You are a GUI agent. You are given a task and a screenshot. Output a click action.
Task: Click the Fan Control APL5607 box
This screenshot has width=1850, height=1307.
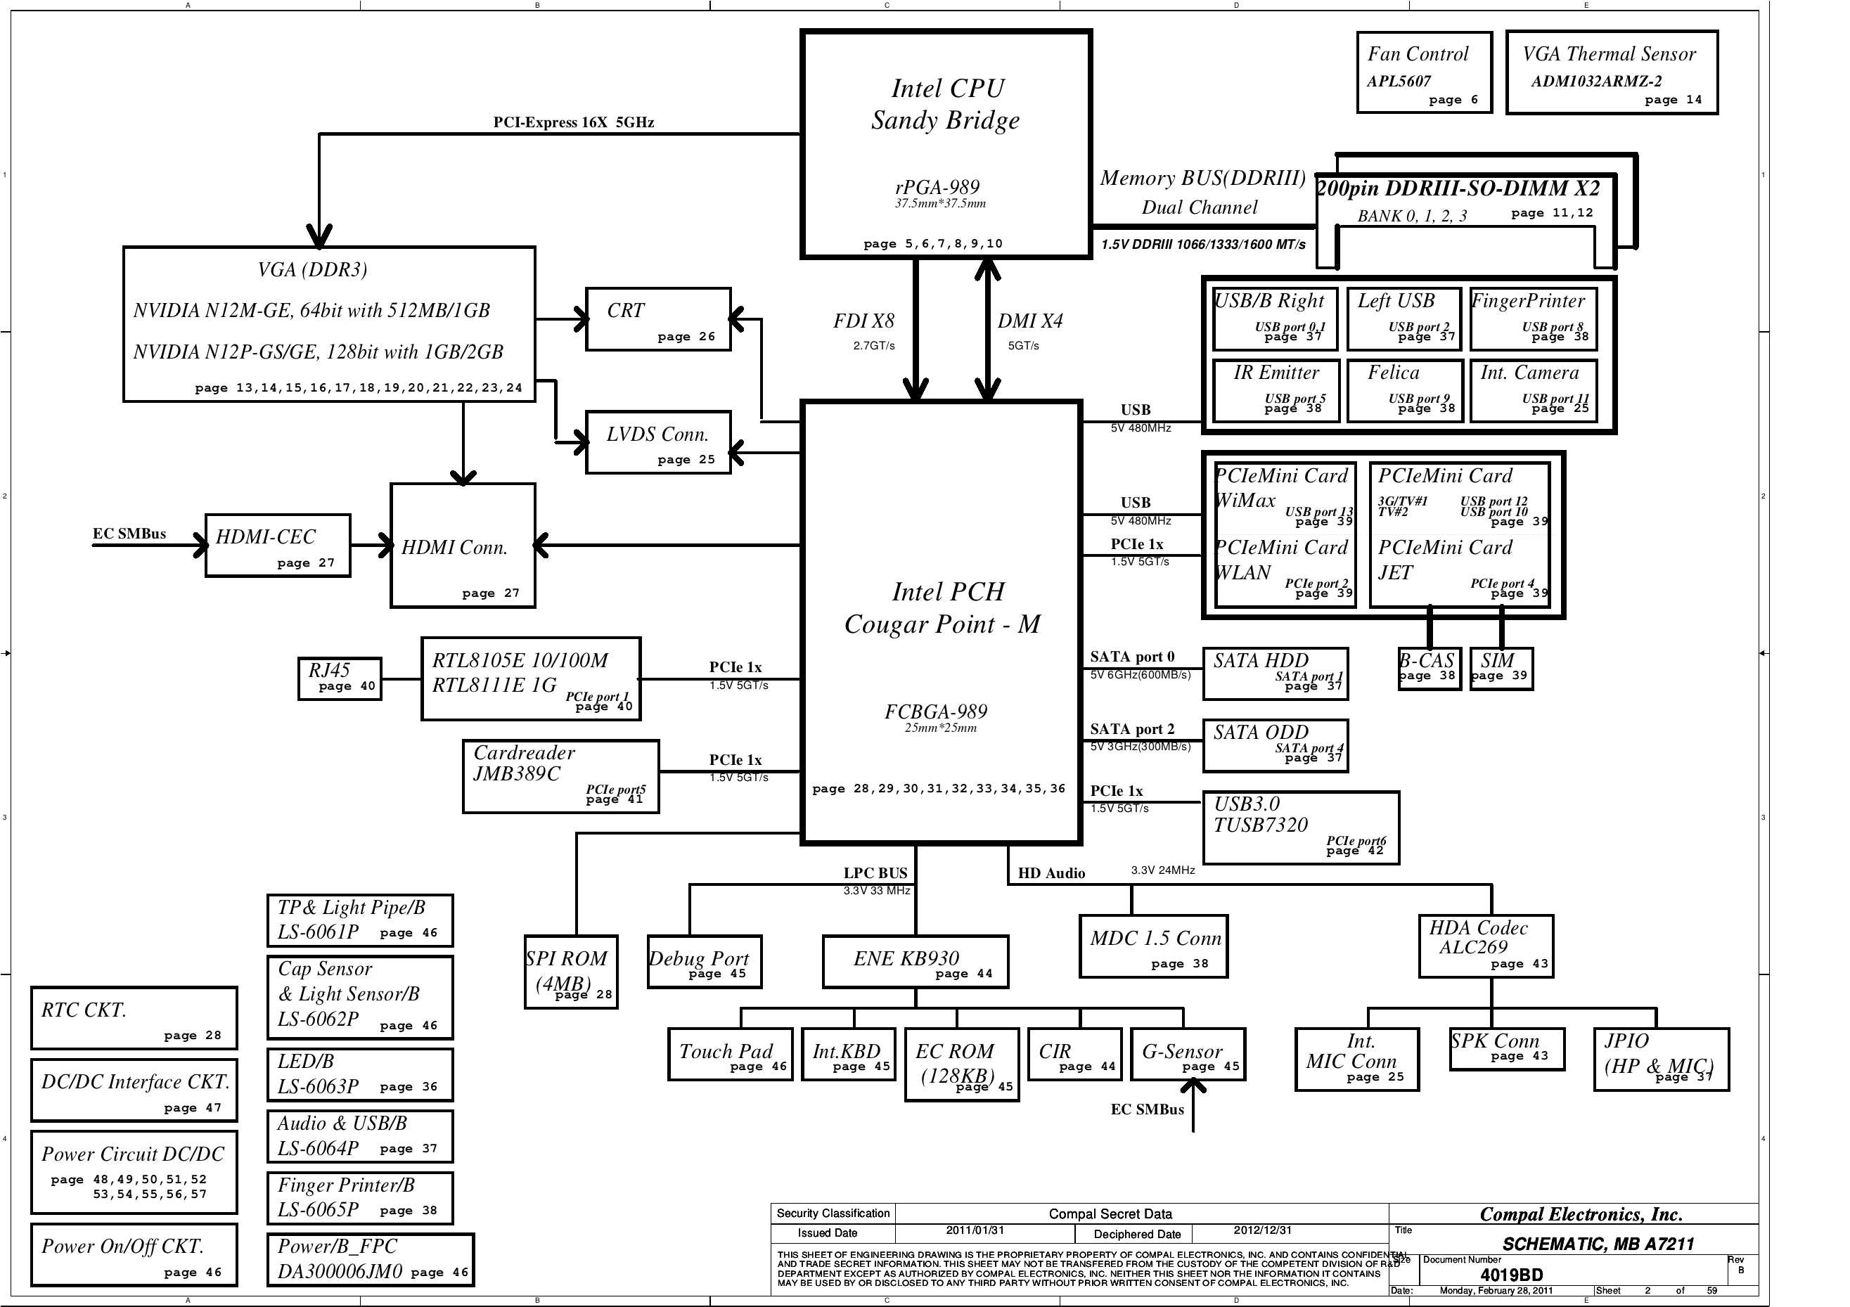point(1423,72)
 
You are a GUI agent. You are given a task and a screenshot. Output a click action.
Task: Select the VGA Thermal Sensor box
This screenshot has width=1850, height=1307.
point(1612,72)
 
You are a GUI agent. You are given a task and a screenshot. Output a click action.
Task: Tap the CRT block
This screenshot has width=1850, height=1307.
point(658,319)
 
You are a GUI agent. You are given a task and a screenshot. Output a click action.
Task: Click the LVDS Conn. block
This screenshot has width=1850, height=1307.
point(658,442)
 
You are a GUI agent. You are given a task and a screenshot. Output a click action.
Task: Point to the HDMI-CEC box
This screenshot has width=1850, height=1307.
point(278,546)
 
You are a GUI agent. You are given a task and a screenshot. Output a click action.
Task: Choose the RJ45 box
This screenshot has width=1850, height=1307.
point(339,678)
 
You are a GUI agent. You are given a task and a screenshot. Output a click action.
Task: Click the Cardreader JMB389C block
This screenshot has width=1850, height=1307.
point(561,776)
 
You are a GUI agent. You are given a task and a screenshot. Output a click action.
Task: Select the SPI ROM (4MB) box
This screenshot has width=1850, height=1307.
point(570,971)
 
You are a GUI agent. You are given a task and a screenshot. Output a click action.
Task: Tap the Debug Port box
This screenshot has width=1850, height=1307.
point(703,961)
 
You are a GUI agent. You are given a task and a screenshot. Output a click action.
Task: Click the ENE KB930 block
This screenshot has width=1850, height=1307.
point(915,961)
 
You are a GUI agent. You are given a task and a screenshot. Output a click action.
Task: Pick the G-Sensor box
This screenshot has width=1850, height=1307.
point(1188,1054)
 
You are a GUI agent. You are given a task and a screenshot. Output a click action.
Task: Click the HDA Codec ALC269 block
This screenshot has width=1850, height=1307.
point(1485,946)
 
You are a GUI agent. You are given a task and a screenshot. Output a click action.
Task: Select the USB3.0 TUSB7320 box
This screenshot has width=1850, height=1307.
point(1300,828)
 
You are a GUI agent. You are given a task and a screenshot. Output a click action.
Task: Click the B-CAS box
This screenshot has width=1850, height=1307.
point(1430,669)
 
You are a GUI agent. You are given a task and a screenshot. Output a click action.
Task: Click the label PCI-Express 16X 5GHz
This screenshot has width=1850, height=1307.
point(574,122)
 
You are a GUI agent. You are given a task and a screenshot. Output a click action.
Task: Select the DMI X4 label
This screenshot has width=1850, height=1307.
point(1029,321)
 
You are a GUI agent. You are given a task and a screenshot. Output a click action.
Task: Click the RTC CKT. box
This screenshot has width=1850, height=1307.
point(134,1018)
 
